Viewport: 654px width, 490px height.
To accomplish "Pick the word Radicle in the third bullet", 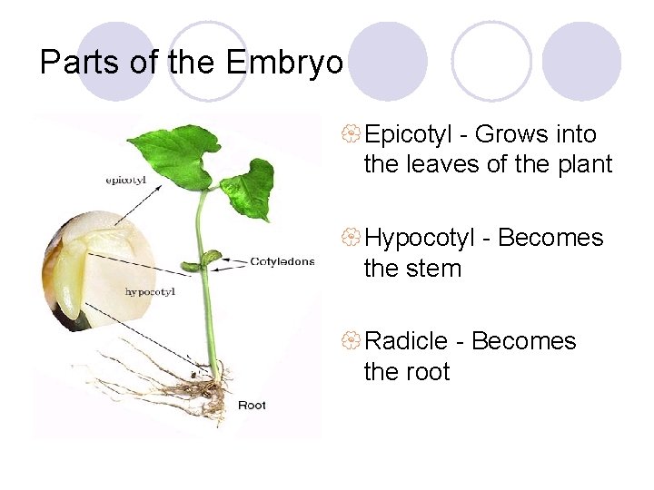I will click(x=408, y=341).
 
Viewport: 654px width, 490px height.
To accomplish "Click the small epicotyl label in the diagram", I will click(x=126, y=180).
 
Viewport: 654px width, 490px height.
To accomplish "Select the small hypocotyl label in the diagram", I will click(x=150, y=291).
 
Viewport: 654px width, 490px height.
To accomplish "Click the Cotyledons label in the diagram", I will click(x=282, y=261).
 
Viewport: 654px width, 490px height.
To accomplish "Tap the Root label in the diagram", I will click(x=252, y=405).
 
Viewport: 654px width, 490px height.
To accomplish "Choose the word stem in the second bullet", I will click(x=438, y=269).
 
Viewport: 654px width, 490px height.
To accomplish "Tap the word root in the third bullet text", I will click(x=429, y=372).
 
